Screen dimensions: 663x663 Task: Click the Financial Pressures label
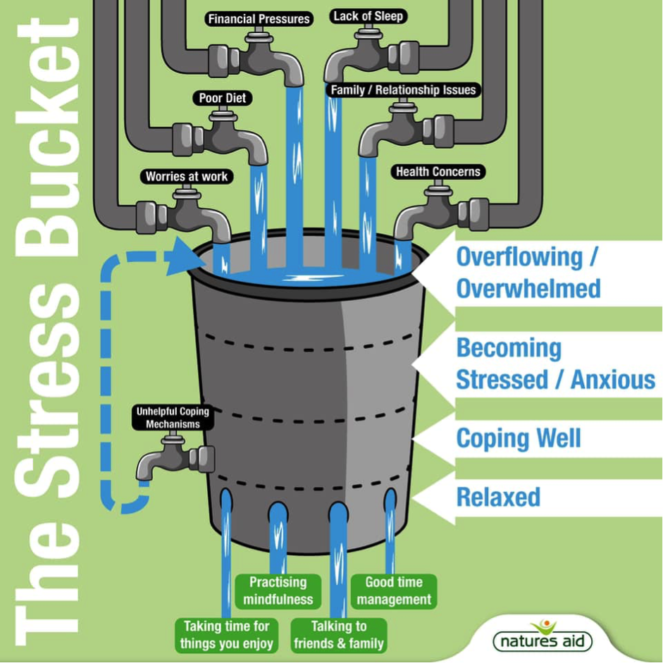click(x=259, y=19)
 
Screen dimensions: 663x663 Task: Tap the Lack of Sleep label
click(x=369, y=16)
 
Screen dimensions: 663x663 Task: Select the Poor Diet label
click(x=222, y=98)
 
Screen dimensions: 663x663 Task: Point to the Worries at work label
click(x=187, y=176)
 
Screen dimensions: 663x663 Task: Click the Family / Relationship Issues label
click(x=404, y=90)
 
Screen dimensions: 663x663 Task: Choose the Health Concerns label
click(x=438, y=171)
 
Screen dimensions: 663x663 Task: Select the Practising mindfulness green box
click(x=278, y=591)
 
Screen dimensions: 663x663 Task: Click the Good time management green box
click(x=394, y=591)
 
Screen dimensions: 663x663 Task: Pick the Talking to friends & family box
click(x=339, y=635)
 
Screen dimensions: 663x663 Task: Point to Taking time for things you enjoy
click(x=226, y=635)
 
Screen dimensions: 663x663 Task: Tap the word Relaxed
click(x=498, y=497)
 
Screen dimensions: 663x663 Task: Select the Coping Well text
click(x=519, y=438)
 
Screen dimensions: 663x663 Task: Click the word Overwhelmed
click(x=528, y=288)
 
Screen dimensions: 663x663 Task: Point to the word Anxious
click(x=613, y=380)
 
